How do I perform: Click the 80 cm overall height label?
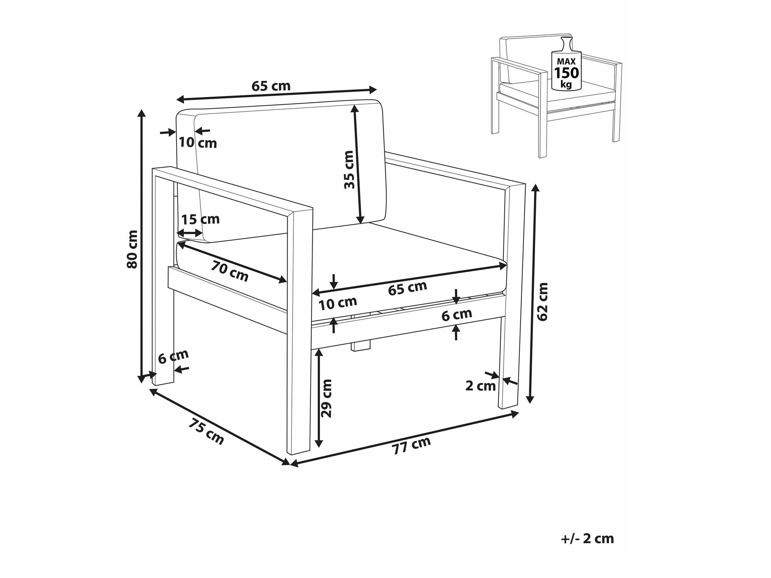(x=132, y=249)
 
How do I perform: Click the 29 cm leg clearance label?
(x=326, y=398)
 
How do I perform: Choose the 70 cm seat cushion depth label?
(x=230, y=271)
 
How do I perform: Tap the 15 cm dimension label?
(x=200, y=219)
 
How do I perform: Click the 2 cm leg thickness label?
(x=480, y=386)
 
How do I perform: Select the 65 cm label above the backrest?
(x=271, y=86)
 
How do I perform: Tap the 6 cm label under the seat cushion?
(x=457, y=315)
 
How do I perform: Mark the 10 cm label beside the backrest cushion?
(x=198, y=143)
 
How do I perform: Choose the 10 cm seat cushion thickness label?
(x=338, y=304)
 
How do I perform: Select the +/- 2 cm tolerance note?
(x=587, y=538)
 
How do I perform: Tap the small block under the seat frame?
(x=361, y=345)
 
